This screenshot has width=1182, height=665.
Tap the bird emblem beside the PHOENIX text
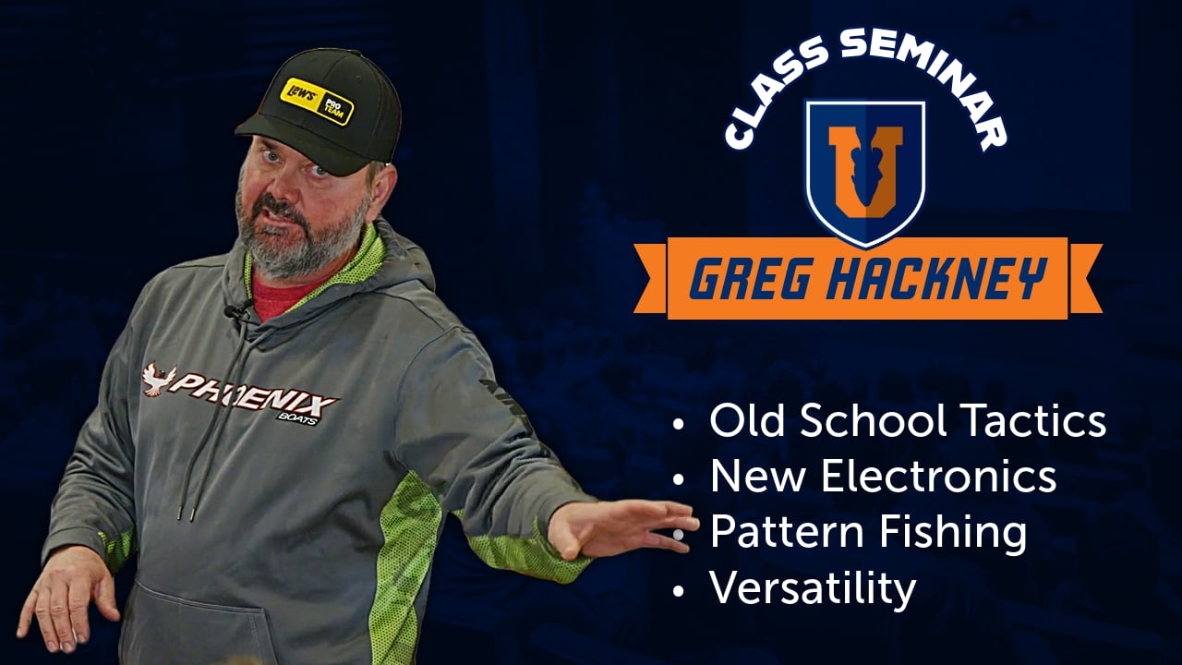click(x=159, y=378)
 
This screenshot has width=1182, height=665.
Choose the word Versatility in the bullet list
click(x=813, y=588)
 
